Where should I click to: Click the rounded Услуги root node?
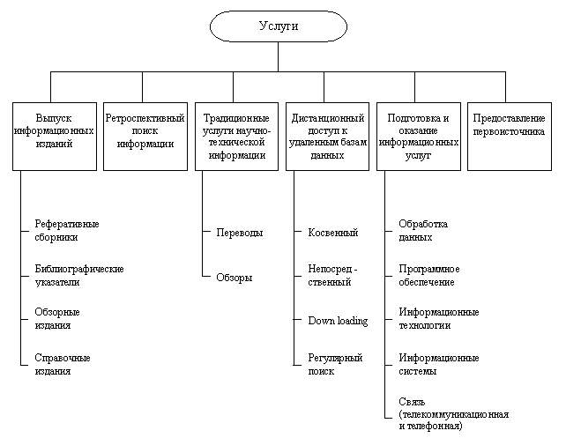279,26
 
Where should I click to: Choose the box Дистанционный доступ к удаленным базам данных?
327,136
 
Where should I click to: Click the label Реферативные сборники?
67,230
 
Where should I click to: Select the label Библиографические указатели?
79,275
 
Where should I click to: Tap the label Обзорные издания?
57,318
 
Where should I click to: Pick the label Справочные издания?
63,364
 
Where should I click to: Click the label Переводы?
240,233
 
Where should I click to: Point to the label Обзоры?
235,278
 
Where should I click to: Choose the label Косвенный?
332,233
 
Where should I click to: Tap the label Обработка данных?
423,230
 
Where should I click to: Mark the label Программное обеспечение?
429,275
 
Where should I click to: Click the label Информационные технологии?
438,318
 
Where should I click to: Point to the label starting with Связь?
453,413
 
